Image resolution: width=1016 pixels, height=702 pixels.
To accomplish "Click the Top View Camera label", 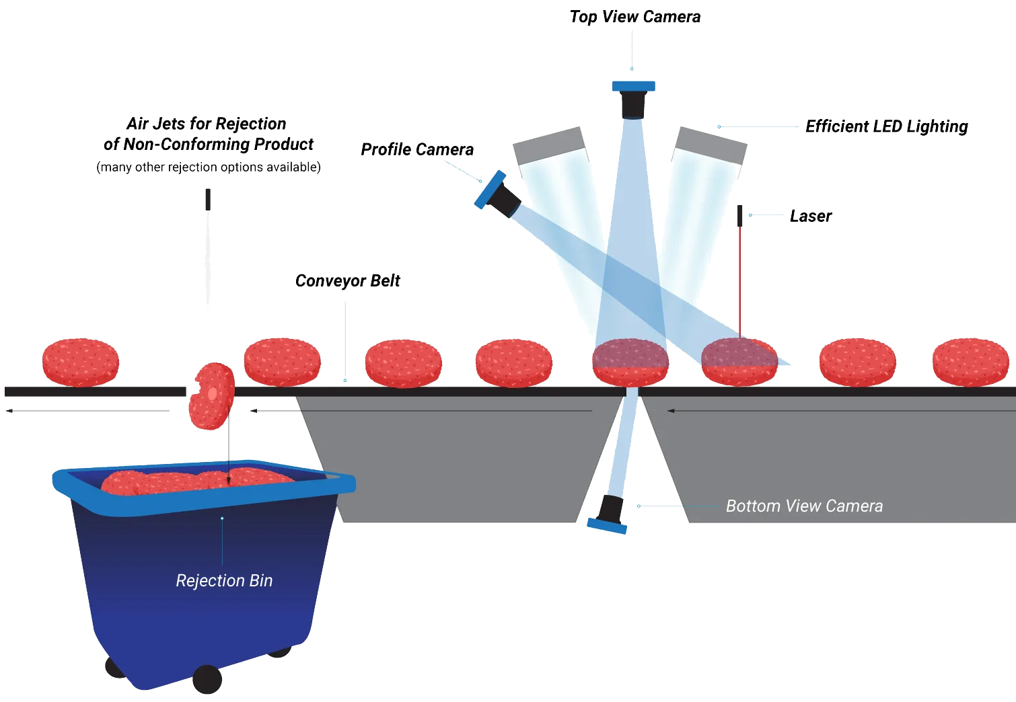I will (x=634, y=17).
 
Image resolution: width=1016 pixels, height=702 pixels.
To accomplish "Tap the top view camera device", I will (x=633, y=100).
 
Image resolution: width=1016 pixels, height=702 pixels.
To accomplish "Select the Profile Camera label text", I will (x=417, y=149).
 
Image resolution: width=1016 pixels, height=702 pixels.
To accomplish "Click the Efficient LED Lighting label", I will (x=886, y=126).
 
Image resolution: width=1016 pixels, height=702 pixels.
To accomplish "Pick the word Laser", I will (x=810, y=216).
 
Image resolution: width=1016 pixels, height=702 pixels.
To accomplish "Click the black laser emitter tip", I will (x=740, y=215).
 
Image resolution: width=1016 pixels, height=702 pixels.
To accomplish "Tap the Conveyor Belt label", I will (x=347, y=280).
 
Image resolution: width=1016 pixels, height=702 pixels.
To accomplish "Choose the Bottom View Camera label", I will (x=804, y=506).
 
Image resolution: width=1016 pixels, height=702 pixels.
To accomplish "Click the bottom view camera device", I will (x=609, y=514).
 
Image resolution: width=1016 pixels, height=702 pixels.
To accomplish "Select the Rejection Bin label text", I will (x=224, y=580).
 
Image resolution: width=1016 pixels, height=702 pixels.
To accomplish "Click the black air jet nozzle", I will (x=208, y=199).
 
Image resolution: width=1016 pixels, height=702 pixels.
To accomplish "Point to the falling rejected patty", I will (x=212, y=395).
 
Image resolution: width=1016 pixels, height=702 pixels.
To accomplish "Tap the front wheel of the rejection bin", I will (x=207, y=679).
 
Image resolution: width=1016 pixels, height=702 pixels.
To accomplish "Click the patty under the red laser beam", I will (x=739, y=362).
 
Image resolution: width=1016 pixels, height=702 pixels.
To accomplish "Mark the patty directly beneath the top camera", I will (x=630, y=362).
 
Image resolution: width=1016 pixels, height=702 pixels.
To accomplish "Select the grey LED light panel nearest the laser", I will (x=711, y=145).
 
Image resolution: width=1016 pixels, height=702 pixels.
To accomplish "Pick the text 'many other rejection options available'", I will (x=209, y=167).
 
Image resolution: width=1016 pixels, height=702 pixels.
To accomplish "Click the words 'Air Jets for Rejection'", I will (x=206, y=124).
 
